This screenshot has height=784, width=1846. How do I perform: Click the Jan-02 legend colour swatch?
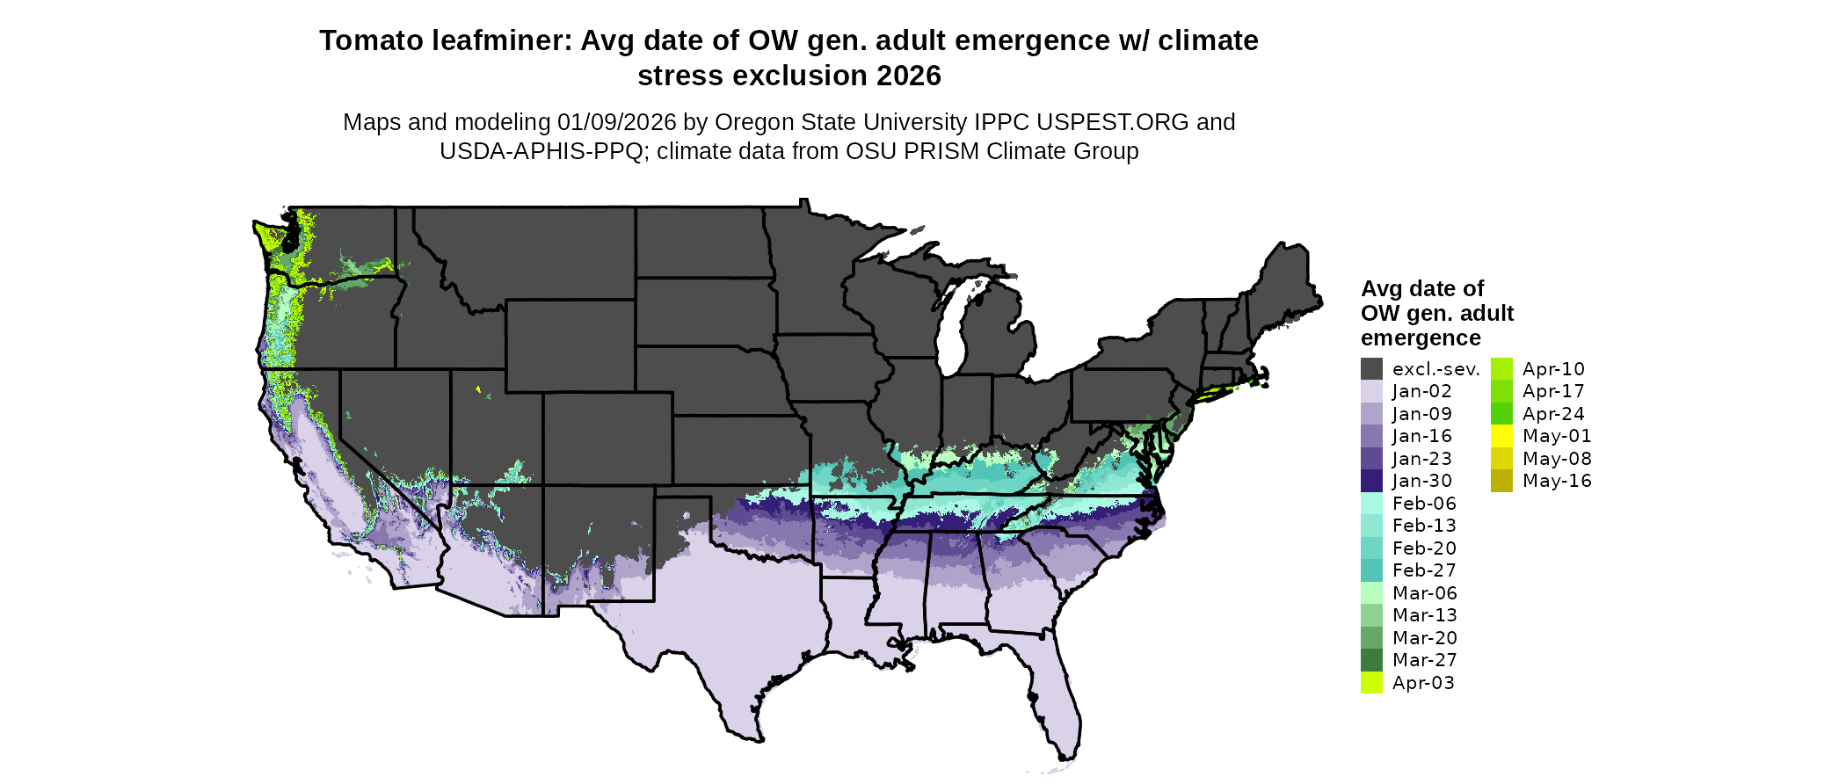point(1371,391)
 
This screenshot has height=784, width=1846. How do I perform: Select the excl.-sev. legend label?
point(1435,369)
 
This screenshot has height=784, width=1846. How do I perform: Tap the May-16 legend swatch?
point(1501,481)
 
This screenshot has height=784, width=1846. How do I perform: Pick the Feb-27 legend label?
point(1424,570)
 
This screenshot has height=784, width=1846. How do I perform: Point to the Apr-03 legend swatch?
point(1371,683)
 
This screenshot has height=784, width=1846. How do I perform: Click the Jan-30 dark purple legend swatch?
point(1371,481)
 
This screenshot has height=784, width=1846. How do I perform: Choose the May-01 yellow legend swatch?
point(1501,436)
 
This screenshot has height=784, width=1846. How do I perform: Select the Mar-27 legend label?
point(1424,660)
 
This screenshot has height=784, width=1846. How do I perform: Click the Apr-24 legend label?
point(1553,414)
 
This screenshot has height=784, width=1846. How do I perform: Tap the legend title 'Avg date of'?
point(1421,289)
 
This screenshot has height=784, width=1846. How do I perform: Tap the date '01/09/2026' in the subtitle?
point(617,122)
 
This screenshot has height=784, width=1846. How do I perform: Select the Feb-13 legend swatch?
point(1371,526)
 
